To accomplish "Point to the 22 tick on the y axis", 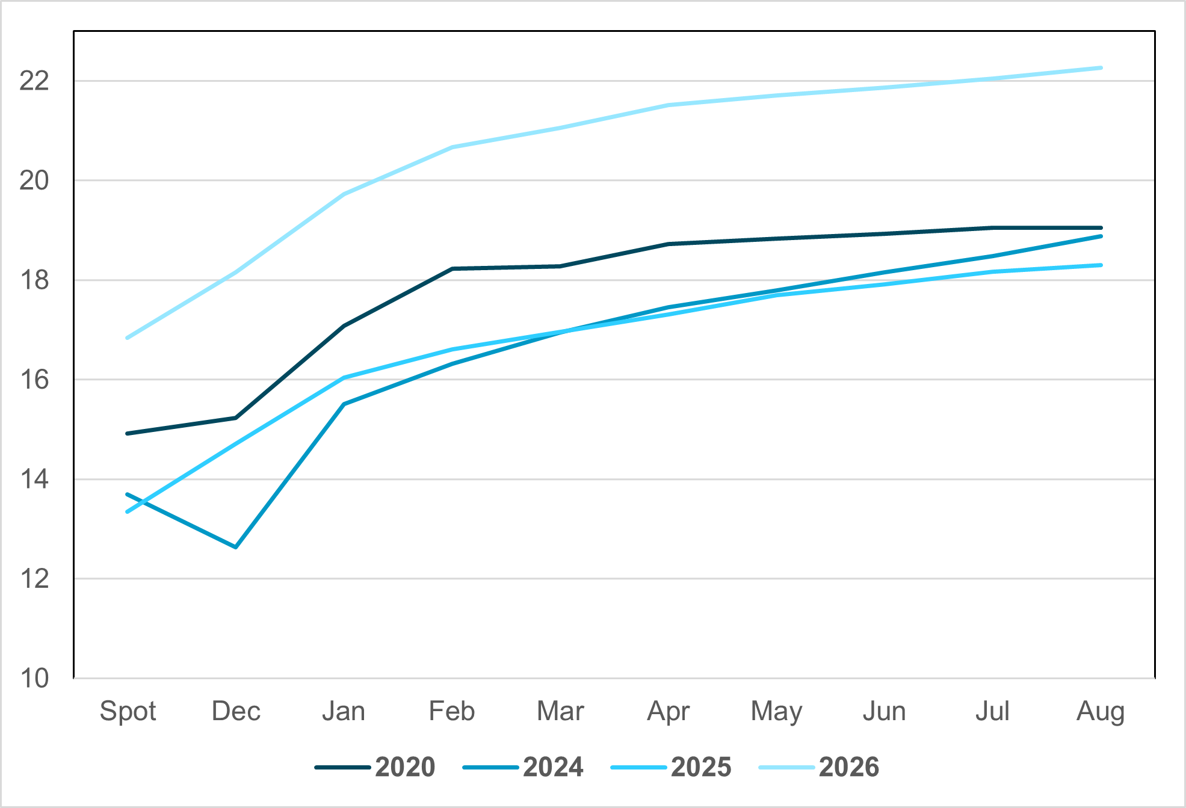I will pos(34,81).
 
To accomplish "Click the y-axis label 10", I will pos(34,678).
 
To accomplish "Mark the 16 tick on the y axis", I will pos(34,380).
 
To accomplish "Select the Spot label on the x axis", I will pos(128,712).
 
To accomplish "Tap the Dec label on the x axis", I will pos(236,712).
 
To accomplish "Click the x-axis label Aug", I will pos(1101,712).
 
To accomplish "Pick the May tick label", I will pos(776,712).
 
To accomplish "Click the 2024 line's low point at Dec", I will pos(236,547).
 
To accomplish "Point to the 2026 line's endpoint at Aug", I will pos(1101,68).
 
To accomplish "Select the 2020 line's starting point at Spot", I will pos(128,433).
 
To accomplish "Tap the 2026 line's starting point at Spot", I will pos(128,338).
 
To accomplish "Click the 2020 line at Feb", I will pos(452,269).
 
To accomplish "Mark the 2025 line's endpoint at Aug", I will pos(1101,265).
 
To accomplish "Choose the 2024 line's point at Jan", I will pos(344,404).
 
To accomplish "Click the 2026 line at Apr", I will pos(668,105).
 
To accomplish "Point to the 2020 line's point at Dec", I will pos(236,418).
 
